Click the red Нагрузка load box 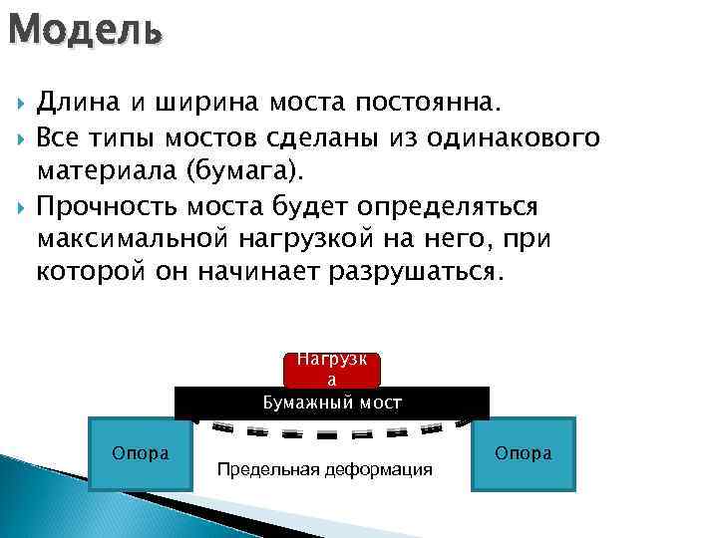[x=332, y=370]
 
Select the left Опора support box [x=141, y=453]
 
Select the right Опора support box [x=523, y=453]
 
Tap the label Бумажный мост [x=332, y=403]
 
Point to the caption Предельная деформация [x=325, y=469]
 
